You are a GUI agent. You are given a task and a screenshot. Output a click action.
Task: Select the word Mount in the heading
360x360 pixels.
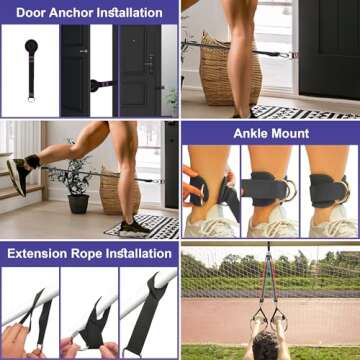[290, 133]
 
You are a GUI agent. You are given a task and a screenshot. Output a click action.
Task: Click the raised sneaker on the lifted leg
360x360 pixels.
[19, 174]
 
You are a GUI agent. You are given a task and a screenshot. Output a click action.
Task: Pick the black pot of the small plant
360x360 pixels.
[78, 202]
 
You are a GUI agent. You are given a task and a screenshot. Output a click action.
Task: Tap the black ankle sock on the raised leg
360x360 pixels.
[33, 160]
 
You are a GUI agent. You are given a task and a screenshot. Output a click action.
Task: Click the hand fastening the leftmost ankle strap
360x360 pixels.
[193, 186]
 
